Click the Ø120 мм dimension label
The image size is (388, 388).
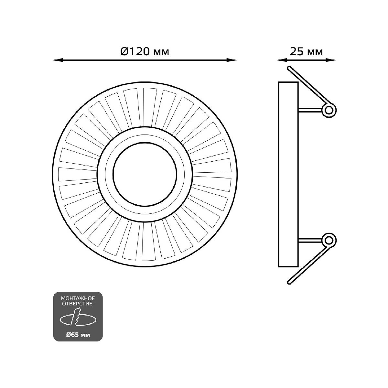[x=145, y=52]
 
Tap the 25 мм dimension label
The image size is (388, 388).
[x=306, y=52]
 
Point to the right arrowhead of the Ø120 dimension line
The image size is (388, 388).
[x=231, y=60]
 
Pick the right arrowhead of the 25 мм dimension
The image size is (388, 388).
[x=330, y=60]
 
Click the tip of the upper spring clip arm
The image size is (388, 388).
[x=289, y=68]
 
